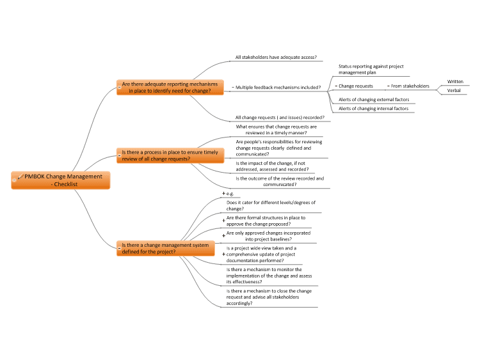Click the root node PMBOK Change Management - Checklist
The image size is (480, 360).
61,180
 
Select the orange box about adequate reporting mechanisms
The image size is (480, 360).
170,87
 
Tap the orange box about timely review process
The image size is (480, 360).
170,155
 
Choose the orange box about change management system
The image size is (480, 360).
166,248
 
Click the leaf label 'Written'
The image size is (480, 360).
455,82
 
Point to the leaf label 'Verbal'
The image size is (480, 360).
454,91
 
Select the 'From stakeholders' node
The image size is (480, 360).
410,86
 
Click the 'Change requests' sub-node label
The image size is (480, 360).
356,86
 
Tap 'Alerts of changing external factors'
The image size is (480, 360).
374,99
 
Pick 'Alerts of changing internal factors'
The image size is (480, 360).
374,109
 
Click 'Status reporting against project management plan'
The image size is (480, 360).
371,70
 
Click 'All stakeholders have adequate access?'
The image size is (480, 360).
276,57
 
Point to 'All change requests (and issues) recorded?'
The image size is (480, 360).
280,118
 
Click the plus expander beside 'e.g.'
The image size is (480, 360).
224,193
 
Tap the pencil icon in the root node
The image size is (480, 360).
20,176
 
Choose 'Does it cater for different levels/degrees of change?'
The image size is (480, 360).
271,205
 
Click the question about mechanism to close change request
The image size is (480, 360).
269,297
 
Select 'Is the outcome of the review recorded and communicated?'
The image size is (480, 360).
280,182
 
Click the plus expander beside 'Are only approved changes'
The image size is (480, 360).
224,236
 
